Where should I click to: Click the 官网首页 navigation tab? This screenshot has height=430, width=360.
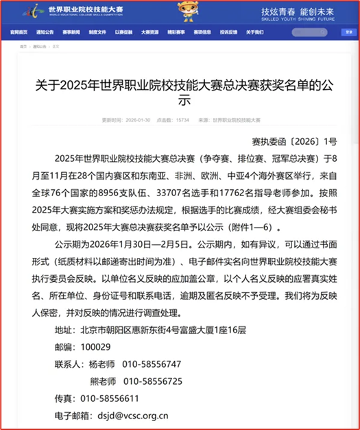[x=19, y=32]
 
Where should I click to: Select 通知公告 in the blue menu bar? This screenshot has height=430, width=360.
[x=45, y=32]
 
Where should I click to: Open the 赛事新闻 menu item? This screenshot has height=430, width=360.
[x=71, y=32]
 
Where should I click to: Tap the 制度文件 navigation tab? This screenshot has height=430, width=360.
[x=97, y=32]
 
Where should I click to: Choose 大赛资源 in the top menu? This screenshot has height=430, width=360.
[x=150, y=32]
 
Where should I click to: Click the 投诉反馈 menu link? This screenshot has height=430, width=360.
[x=229, y=32]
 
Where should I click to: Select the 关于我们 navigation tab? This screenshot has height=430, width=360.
[x=255, y=32]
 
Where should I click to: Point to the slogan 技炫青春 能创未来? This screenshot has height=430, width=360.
[x=302, y=12]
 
